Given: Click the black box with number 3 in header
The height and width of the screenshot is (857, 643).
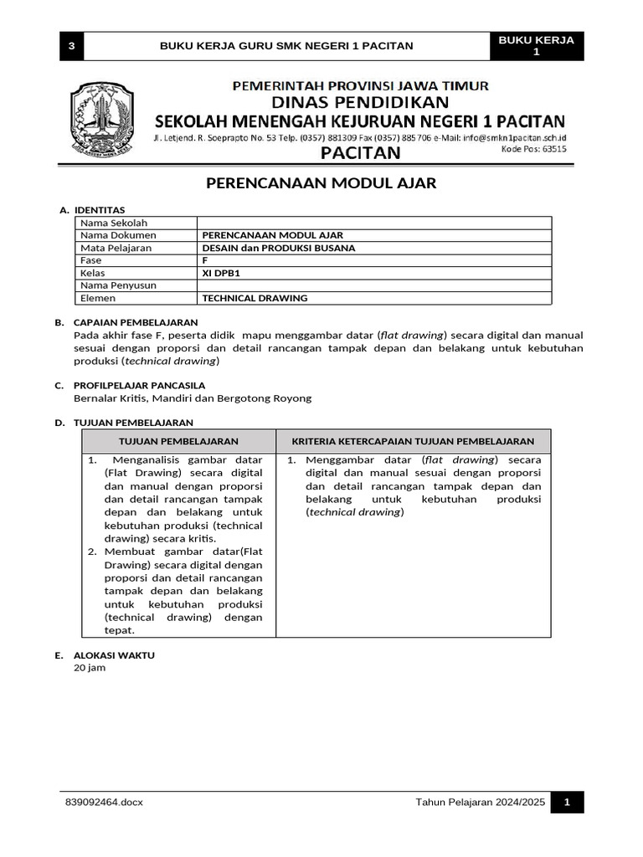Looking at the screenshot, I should [71, 46].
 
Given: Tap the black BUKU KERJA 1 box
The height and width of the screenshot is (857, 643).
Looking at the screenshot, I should [537, 46].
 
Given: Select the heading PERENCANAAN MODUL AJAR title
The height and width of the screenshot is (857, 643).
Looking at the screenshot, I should [321, 182].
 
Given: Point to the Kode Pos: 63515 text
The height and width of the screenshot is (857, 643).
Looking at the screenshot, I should [533, 150].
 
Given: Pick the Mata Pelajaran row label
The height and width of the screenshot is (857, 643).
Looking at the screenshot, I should [116, 248].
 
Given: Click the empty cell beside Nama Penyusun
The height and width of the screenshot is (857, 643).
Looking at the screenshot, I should [374, 285].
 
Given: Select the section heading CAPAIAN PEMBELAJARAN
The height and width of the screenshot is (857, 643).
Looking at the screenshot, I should [136, 322].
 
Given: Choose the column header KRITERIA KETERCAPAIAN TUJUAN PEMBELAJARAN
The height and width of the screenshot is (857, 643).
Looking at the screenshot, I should [413, 441].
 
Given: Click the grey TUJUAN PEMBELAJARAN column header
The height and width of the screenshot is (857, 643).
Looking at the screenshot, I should [178, 441].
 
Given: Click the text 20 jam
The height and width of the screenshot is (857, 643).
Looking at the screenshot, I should [90, 668].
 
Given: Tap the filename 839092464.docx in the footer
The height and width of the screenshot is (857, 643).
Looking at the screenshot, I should [104, 803].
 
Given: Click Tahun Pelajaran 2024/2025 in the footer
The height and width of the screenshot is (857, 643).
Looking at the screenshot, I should [480, 803].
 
